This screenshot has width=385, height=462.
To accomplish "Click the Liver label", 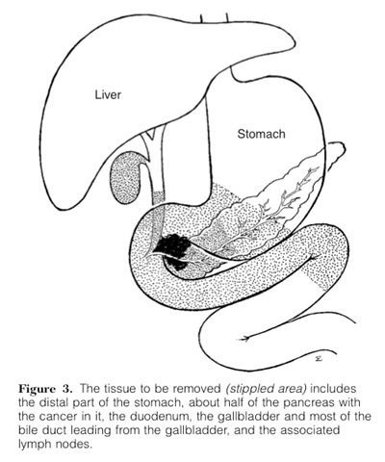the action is [108, 94].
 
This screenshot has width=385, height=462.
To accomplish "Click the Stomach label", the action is [261, 134].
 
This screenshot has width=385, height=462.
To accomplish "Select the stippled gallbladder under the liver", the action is [125, 178].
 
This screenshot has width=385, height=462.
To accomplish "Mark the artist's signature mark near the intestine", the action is [319, 359].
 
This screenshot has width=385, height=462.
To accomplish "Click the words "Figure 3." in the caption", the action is [45, 389].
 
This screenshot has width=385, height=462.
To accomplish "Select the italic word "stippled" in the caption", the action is [246, 389].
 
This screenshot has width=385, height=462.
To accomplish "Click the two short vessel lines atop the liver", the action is [215, 18].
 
